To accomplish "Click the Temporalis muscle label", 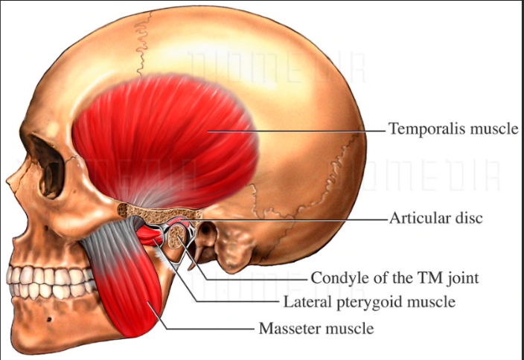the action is pyautogui.click(x=453, y=129).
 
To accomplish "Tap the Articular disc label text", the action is pyautogui.click(x=436, y=218).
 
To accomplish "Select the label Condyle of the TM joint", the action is pyautogui.click(x=395, y=277).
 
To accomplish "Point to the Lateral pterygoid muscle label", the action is pyautogui.click(x=369, y=302).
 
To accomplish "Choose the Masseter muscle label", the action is pyautogui.click(x=316, y=328).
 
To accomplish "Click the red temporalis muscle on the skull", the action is pyautogui.click(x=164, y=141).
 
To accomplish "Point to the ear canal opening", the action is pyautogui.click(x=208, y=231).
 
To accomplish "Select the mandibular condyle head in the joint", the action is pyautogui.click(x=177, y=237).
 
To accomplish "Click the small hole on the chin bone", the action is pyautogui.click(x=49, y=320).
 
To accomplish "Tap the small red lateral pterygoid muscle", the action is pyautogui.click(x=150, y=237).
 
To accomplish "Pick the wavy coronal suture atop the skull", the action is pyautogui.click(x=143, y=43).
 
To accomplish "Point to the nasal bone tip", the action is pyautogui.click(x=9, y=181).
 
